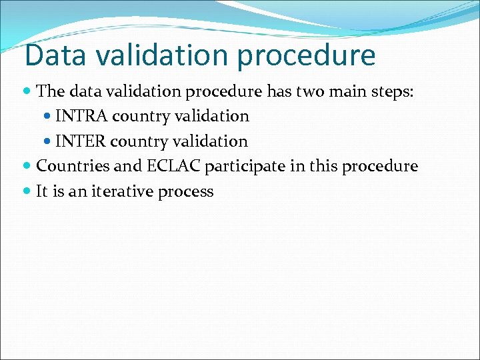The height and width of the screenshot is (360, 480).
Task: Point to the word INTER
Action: [x=81, y=141]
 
